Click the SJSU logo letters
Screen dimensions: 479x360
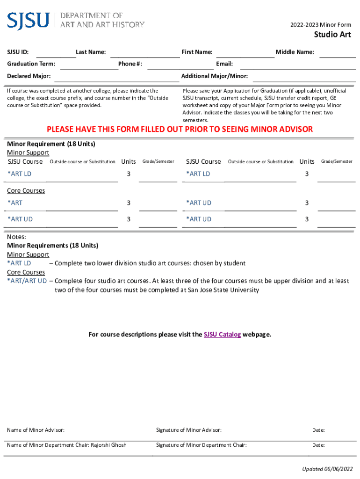pyautogui.click(x=28, y=20)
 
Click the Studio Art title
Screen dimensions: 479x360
pyautogui.click(x=332, y=35)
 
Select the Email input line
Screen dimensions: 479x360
pyautogui.click(x=295, y=66)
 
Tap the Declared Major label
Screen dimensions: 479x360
pyautogui.click(x=29, y=76)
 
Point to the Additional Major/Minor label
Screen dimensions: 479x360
pyautogui.click(x=214, y=76)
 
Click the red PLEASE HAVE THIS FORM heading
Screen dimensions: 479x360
pyautogui.click(x=180, y=129)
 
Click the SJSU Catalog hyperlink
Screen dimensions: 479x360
pyautogui.click(x=222, y=334)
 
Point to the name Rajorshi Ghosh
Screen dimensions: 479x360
pyautogui.click(x=108, y=445)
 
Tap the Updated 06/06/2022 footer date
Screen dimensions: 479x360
pyautogui.click(x=326, y=469)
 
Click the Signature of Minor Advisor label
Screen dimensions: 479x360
pyautogui.click(x=188, y=430)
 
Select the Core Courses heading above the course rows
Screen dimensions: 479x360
pyautogui.click(x=26, y=191)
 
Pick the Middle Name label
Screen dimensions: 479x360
pyautogui.click(x=295, y=52)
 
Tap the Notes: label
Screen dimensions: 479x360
pyautogui.click(x=16, y=237)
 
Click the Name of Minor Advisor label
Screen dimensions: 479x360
pyautogui.click(x=36, y=430)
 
